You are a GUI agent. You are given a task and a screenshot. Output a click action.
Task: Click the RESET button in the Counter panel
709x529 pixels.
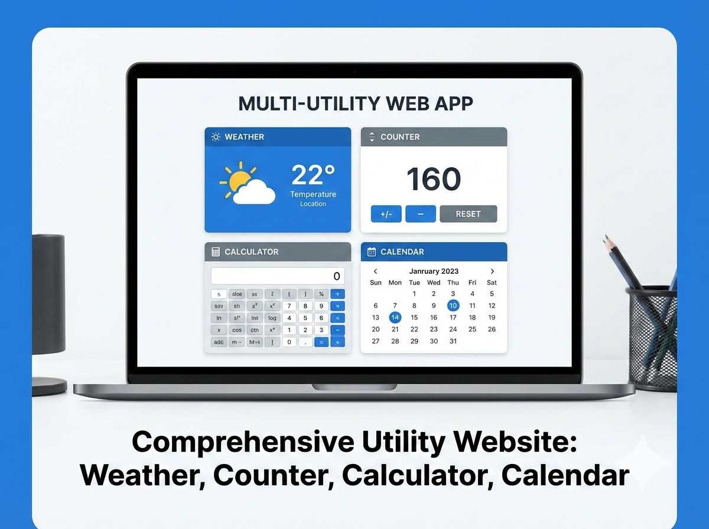pos(468,214)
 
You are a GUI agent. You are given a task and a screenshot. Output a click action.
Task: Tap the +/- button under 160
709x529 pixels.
pos(386,214)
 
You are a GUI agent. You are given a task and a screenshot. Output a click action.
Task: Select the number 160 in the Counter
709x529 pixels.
pos(434,179)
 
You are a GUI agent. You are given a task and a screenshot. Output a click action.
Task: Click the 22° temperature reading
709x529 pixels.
pos(313,175)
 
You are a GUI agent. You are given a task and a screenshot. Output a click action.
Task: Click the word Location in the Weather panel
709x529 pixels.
pos(313,204)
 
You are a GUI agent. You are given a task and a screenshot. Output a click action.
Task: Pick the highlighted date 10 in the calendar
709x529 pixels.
pos(453,305)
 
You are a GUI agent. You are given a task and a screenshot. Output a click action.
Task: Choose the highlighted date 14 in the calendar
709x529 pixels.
pos(395,318)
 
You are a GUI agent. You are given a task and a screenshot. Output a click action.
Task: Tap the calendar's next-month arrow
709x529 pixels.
pos(492,272)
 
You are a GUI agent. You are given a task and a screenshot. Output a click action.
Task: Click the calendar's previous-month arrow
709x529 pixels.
pos(376,272)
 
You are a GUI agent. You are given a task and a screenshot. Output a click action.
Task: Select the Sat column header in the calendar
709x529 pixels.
pos(492,283)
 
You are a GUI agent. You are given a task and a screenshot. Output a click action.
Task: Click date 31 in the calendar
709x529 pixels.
pos(453,341)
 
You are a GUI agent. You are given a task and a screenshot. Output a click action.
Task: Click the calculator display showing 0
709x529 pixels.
pos(278,276)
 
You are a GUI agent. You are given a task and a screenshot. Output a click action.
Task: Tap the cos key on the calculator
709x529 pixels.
pos(237,330)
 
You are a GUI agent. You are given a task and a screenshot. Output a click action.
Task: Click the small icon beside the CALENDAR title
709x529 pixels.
pos(372,252)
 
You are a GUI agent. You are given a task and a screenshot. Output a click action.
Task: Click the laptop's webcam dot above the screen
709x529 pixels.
pos(354,71)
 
